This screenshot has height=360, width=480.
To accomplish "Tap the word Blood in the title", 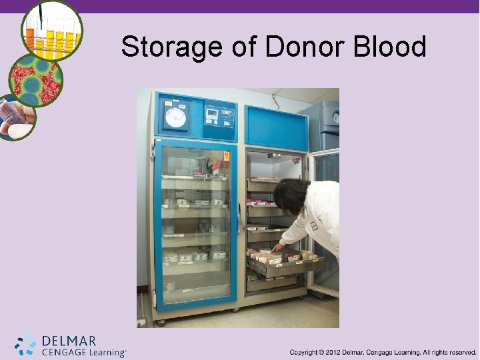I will (389, 47).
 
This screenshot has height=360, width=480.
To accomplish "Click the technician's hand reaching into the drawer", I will (275, 248).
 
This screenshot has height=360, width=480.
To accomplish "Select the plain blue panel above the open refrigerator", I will (276, 127).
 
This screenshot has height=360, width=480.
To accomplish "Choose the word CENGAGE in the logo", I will (63, 352).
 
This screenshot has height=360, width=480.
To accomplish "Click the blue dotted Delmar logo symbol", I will (25, 345).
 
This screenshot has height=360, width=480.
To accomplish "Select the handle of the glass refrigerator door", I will (239, 217).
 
